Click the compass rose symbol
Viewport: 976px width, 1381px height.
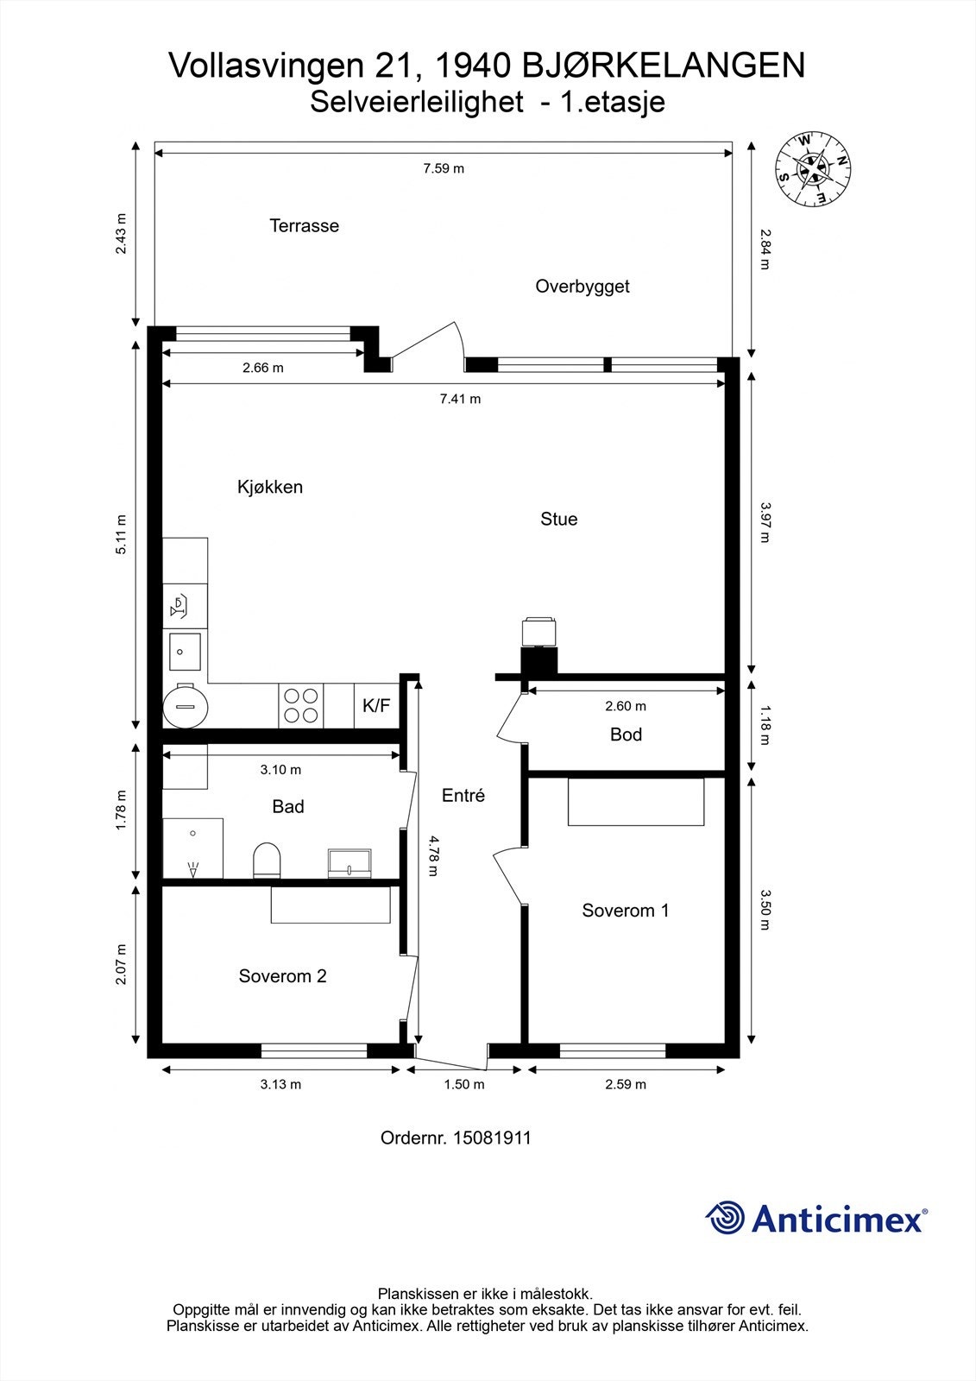click(813, 168)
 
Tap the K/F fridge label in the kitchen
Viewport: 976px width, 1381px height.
click(376, 705)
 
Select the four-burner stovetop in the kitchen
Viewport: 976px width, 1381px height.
click(301, 705)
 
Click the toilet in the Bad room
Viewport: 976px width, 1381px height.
click(267, 860)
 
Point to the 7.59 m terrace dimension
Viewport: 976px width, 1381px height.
click(444, 168)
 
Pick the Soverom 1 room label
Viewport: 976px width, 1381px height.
click(625, 910)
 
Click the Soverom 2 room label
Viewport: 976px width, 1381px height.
click(282, 975)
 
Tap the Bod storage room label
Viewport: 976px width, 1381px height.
click(626, 735)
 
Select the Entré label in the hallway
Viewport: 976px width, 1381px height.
click(463, 795)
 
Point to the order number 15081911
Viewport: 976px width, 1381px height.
click(456, 1138)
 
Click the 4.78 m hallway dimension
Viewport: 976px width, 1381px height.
click(433, 855)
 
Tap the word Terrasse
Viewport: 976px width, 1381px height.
click(304, 225)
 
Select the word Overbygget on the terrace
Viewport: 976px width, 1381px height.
click(582, 287)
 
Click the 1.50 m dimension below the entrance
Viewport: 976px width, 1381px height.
click(464, 1084)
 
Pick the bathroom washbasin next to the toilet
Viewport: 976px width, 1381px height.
click(349, 862)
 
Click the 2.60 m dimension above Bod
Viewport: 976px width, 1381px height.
click(626, 706)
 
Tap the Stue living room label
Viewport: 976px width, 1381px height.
click(558, 519)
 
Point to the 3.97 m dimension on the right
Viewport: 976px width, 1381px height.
click(765, 521)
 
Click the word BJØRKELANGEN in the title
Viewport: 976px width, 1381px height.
click(664, 65)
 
